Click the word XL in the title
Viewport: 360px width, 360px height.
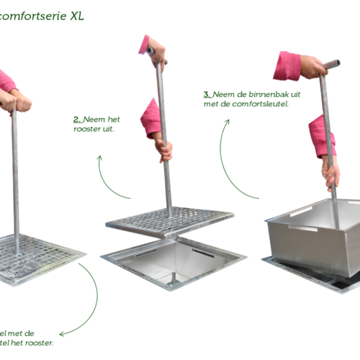(x=77, y=15)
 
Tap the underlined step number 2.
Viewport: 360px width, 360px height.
(x=77, y=119)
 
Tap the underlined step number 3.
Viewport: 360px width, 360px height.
(x=207, y=94)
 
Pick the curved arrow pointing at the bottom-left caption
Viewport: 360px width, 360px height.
(x=86, y=302)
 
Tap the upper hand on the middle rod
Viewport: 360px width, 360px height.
(x=155, y=50)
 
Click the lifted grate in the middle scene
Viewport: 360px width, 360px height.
(x=170, y=220)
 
